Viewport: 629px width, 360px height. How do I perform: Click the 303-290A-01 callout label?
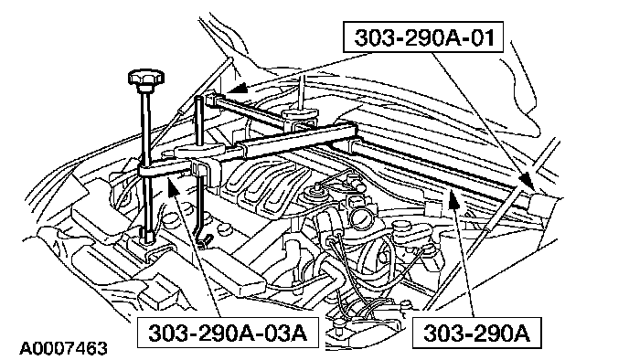[423, 37]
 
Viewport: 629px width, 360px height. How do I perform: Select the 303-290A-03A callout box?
[228, 333]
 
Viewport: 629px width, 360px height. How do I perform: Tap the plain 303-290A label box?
[477, 333]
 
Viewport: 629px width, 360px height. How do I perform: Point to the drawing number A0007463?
[64, 348]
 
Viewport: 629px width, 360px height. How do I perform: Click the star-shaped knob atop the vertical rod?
[146, 78]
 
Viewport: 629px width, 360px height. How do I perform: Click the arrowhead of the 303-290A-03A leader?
[173, 186]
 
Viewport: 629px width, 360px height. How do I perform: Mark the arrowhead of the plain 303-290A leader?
[453, 199]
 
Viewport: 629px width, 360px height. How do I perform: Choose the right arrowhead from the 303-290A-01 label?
[528, 181]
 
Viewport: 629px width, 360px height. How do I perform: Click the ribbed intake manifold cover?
[261, 184]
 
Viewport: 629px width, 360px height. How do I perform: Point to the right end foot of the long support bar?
[541, 204]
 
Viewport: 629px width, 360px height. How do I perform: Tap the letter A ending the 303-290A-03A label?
[299, 333]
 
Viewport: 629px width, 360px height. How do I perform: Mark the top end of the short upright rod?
[198, 99]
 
